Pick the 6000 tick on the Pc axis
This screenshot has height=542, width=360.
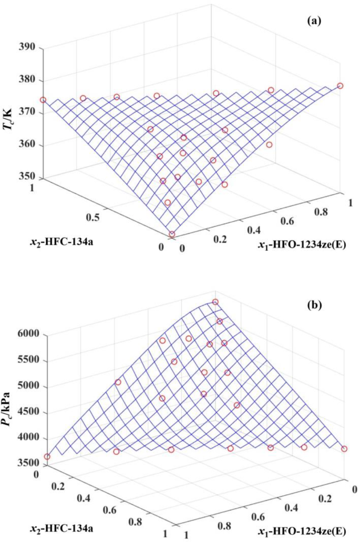23,334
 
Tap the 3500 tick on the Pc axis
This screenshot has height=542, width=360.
23,463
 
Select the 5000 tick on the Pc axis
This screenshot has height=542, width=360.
23,387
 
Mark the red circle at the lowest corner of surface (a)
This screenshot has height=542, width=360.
172,234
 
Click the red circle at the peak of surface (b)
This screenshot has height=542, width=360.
215,302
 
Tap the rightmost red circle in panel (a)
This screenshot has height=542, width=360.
340,86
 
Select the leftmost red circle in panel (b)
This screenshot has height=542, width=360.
47,457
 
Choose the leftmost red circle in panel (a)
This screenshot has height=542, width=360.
43,100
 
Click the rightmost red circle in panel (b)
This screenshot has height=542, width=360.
344,449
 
